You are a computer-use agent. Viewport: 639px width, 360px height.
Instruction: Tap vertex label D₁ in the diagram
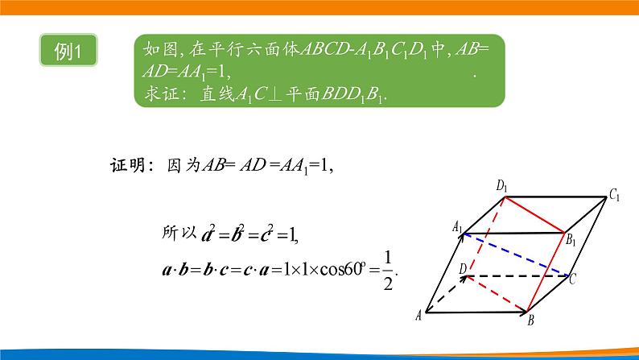tap(503, 187)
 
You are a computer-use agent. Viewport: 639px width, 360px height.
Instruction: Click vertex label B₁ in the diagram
tap(571, 238)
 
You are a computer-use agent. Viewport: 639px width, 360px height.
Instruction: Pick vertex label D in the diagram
tap(462, 267)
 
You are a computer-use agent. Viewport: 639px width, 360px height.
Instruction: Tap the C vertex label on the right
tap(572, 279)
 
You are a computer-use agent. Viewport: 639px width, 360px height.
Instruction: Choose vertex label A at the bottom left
tap(420, 315)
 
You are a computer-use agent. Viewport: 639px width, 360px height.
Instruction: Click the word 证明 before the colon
tap(126, 167)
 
